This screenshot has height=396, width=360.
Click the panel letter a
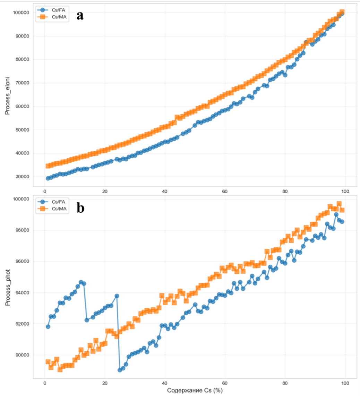pos(80,15)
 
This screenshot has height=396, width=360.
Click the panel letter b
pos(80,208)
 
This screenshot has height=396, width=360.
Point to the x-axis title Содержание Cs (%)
pos(195,390)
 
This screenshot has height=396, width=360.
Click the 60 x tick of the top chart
pos(225,191)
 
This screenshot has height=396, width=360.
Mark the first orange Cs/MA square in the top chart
pos(48,166)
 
